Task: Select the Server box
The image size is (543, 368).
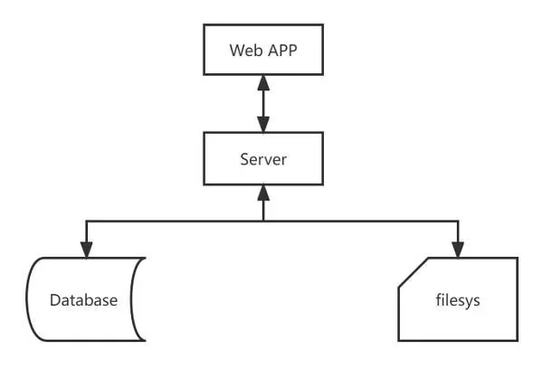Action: [x=262, y=160]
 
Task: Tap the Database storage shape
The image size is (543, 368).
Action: [x=84, y=299]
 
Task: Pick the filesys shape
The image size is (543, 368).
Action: [x=459, y=299]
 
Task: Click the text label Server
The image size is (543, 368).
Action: [x=262, y=160]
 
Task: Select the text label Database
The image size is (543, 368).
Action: [x=83, y=299]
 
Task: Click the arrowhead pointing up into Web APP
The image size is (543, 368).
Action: [x=262, y=82]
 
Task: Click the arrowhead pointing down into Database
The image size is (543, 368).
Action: [x=86, y=250]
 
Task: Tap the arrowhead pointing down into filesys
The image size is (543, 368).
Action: [x=459, y=250]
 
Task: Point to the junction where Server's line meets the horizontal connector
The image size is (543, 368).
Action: [x=262, y=220]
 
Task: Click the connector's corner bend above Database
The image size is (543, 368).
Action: [x=86, y=220]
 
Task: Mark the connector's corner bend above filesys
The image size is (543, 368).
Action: [x=459, y=220]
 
